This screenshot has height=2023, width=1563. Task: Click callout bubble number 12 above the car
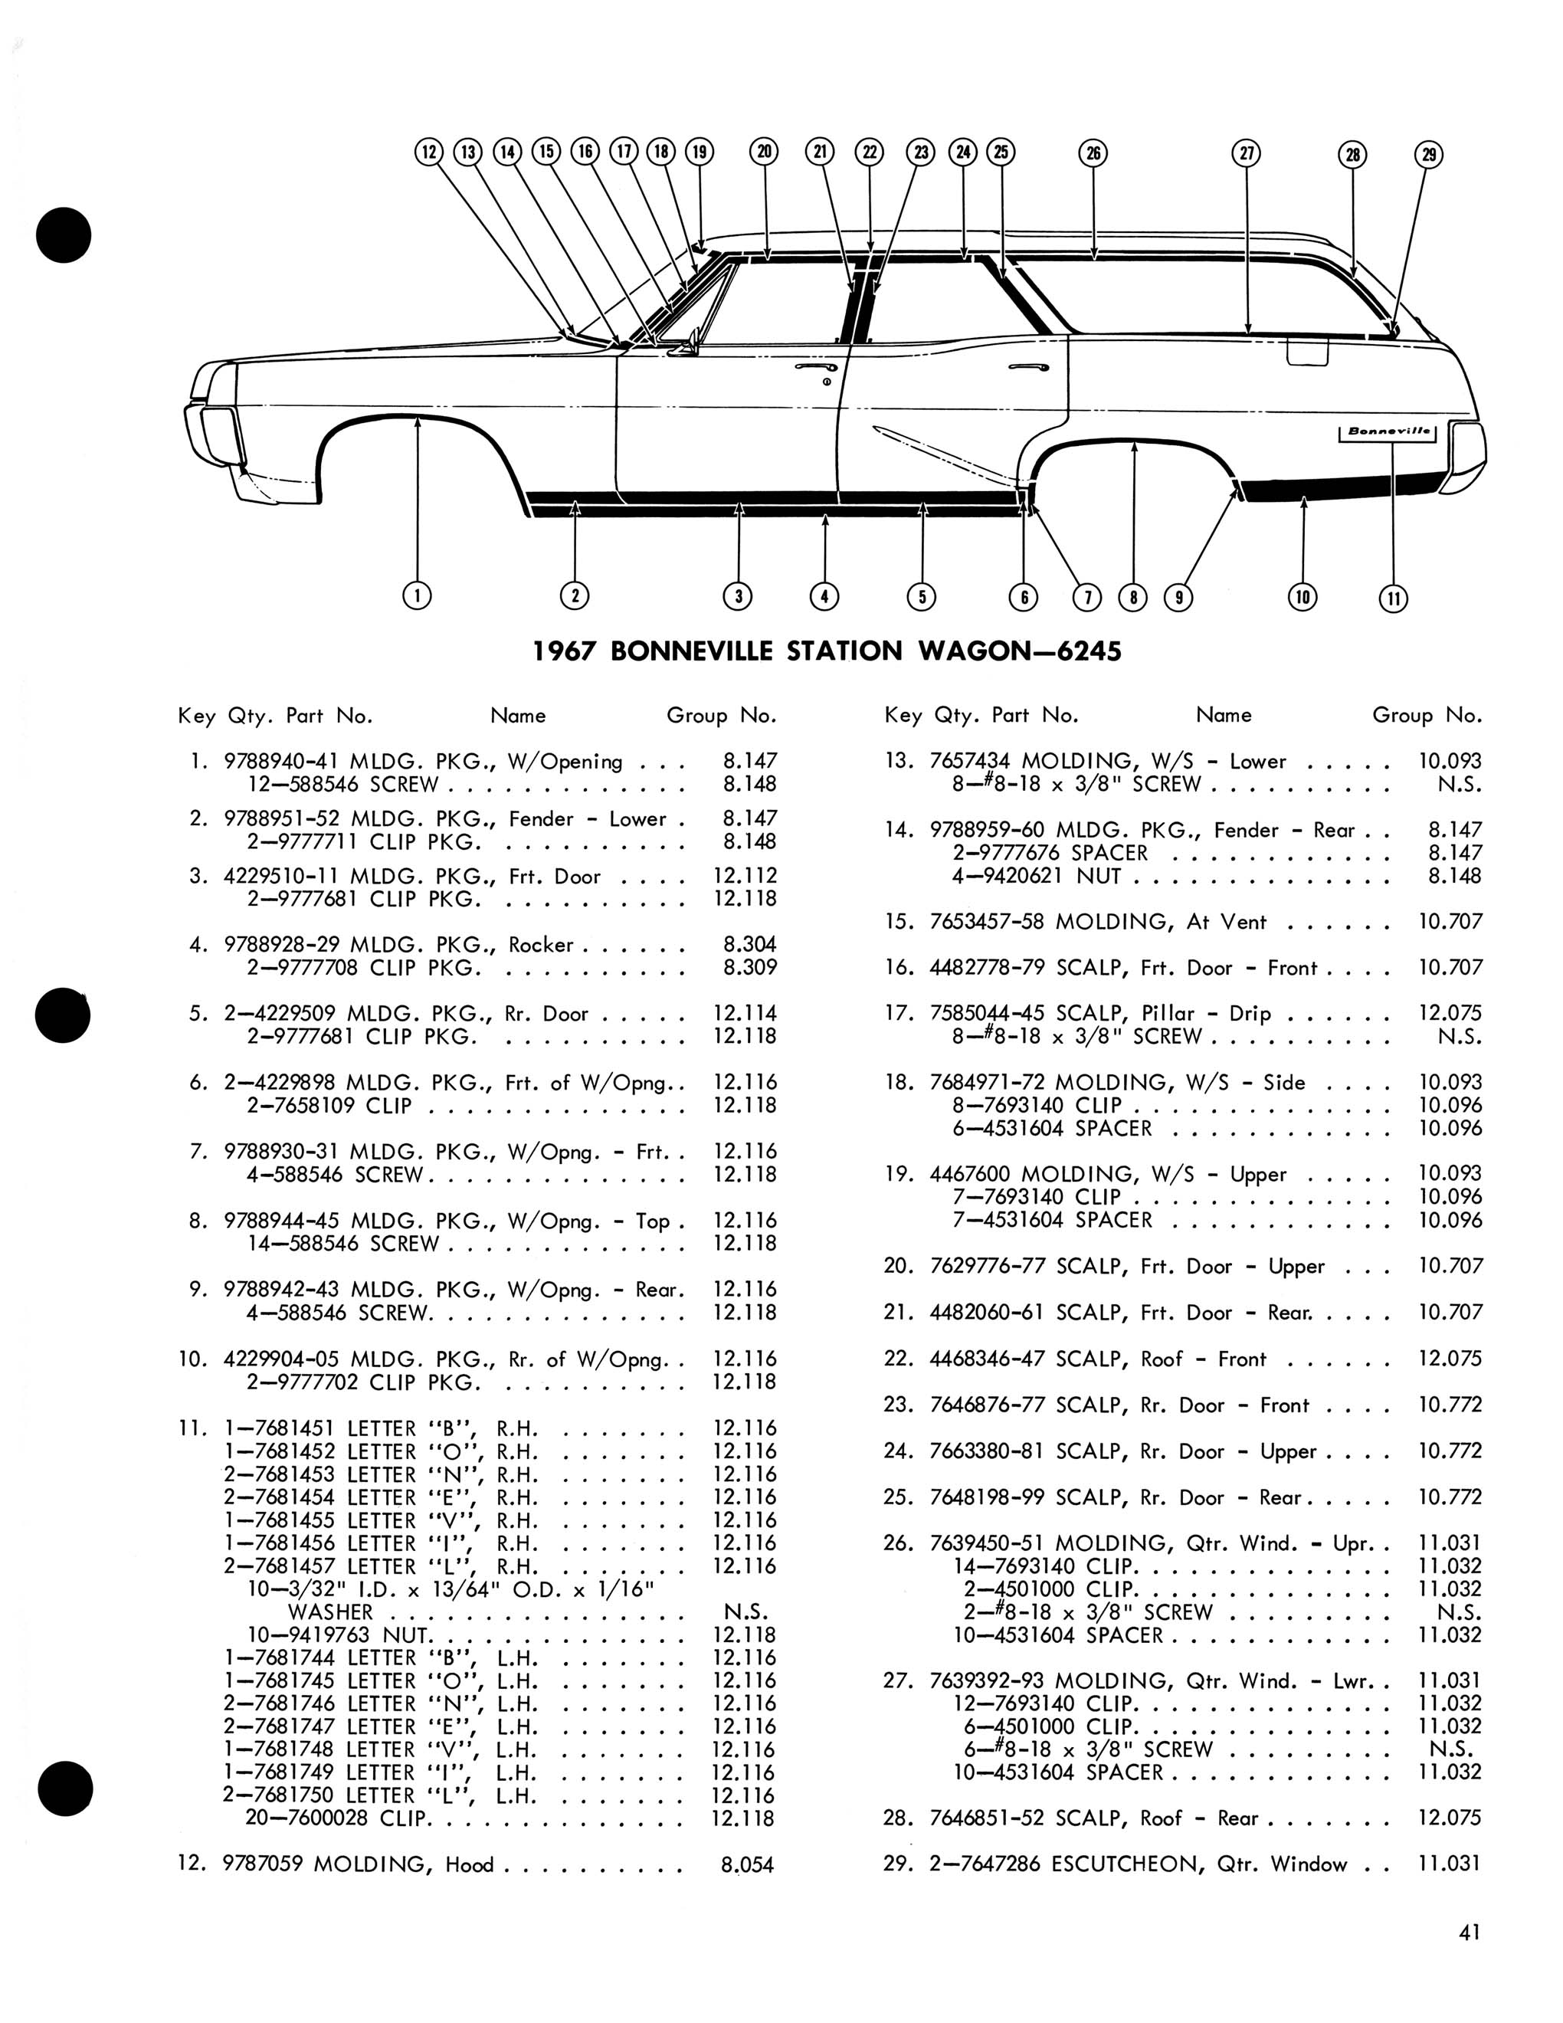pos(428,152)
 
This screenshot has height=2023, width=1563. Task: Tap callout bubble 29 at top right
pos(1430,155)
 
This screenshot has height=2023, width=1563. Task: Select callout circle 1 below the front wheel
pos(418,595)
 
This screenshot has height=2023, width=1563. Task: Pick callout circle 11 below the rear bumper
pos(1394,598)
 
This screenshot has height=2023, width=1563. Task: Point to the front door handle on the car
pos(811,368)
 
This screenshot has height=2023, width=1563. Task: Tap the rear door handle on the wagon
pos(1029,367)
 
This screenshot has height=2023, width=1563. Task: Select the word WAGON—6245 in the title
pos(1020,651)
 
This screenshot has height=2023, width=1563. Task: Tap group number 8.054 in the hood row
pos(746,1864)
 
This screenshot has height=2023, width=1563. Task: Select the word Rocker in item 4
pos(541,944)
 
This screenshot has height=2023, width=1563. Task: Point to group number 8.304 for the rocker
pos(750,944)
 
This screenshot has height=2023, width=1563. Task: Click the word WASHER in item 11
pos(330,1612)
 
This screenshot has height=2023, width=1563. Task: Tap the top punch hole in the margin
pos(64,235)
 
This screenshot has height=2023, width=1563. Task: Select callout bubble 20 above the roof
pos(764,152)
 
